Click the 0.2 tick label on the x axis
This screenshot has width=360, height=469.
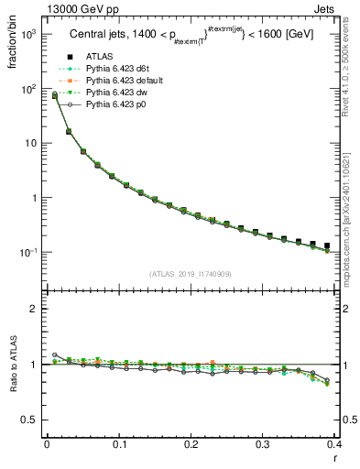coord(191,443)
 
